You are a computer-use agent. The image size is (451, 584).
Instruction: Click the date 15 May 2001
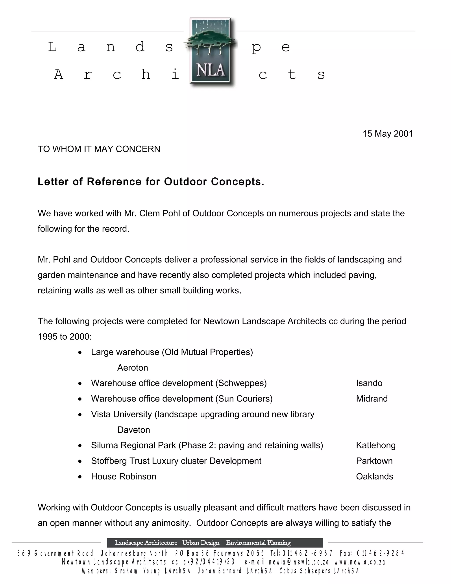tap(387, 134)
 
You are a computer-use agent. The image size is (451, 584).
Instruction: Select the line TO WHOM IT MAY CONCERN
tap(99, 149)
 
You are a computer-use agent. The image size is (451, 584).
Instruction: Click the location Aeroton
tap(133, 368)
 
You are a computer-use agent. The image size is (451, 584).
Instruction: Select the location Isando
tap(369, 383)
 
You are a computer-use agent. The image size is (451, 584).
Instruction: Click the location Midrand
tap(372, 399)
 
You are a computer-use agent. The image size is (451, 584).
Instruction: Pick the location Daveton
tap(134, 430)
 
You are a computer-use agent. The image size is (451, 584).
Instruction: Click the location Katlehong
tap(376, 445)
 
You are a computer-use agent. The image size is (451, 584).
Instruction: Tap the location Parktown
tap(374, 461)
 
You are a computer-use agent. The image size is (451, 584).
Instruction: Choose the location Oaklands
tap(374, 476)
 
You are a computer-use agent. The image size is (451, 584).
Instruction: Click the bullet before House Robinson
tap(80, 477)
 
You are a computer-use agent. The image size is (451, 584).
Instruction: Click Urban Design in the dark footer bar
tap(201, 543)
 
